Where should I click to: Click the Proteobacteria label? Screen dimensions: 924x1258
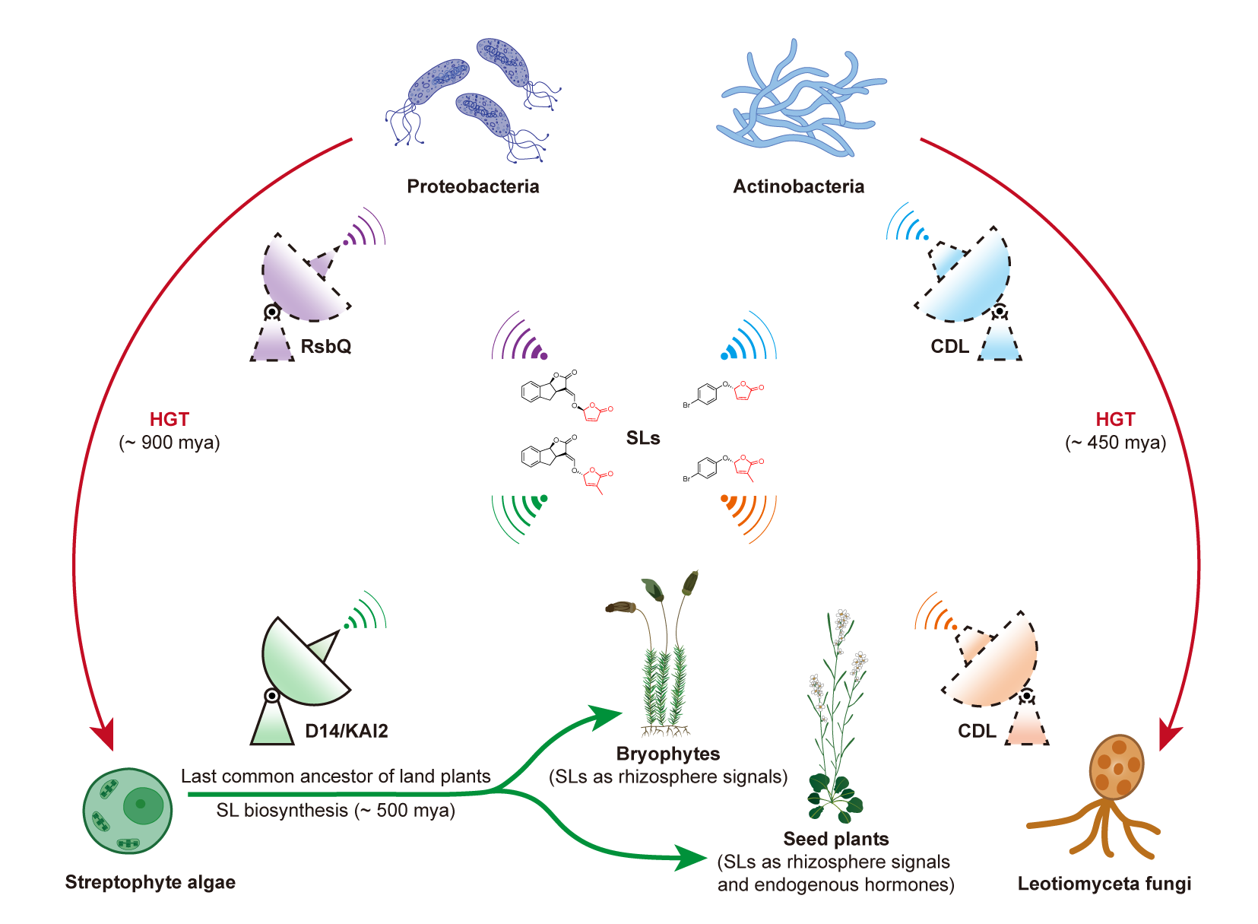(473, 186)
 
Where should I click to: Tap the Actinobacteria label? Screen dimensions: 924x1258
(798, 186)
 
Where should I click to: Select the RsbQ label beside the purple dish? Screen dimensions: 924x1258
(326, 346)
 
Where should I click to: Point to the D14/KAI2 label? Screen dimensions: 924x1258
(347, 731)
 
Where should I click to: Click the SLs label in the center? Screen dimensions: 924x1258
(643, 438)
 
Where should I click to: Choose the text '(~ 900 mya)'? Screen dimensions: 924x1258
(170, 443)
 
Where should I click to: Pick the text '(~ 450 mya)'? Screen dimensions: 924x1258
(1115, 443)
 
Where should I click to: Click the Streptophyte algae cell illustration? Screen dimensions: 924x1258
(128, 811)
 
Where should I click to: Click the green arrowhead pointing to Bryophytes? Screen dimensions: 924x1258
(608, 716)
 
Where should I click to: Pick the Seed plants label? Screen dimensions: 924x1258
(836, 839)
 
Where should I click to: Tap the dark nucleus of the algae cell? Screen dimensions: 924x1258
(141, 805)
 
